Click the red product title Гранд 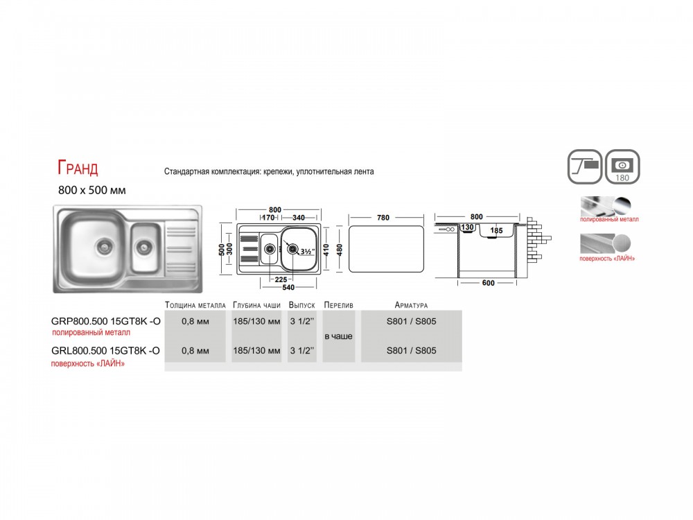[78, 168]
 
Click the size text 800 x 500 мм [92, 190]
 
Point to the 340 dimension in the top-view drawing [298, 218]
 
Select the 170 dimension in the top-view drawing [268, 218]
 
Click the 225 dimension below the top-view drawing [281, 279]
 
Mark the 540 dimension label [288, 288]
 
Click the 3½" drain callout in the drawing [307, 252]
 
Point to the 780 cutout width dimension [383, 218]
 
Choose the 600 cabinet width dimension [489, 283]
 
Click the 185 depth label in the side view [496, 230]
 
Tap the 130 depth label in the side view [467, 227]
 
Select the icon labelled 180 [622, 166]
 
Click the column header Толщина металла [195, 305]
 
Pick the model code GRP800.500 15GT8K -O [106, 322]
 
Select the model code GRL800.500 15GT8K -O [105, 351]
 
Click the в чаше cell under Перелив [339, 336]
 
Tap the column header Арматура [411, 305]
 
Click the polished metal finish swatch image [609, 206]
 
